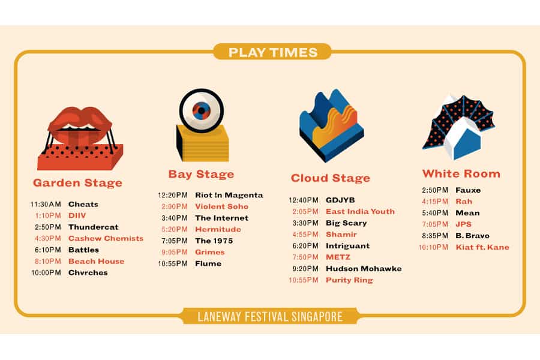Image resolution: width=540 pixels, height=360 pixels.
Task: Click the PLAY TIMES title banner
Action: (272, 52)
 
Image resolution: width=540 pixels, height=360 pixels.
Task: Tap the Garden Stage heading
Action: (77, 182)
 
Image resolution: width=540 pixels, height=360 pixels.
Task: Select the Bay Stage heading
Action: (201, 175)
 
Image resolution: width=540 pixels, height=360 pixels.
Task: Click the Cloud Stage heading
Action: (330, 178)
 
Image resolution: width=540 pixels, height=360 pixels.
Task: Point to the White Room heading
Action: (461, 173)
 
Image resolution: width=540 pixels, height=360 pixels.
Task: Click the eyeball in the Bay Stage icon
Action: (202, 110)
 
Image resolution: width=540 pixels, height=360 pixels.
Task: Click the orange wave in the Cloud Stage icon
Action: (334, 127)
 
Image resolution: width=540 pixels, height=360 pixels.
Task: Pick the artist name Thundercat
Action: (93, 227)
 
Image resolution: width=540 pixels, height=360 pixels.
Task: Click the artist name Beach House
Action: (96, 261)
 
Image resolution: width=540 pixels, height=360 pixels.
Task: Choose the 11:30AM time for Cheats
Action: (46, 204)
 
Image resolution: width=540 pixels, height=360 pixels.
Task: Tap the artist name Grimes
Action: (210, 252)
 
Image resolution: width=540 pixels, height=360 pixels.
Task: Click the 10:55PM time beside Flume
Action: (173, 263)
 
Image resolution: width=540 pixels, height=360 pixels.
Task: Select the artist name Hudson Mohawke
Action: (364, 268)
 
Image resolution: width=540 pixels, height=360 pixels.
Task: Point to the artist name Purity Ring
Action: (349, 280)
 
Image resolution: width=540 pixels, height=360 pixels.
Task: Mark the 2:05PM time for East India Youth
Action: (305, 212)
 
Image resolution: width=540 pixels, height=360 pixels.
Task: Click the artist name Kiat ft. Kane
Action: (482, 247)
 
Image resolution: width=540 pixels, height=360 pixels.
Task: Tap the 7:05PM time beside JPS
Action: (435, 224)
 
